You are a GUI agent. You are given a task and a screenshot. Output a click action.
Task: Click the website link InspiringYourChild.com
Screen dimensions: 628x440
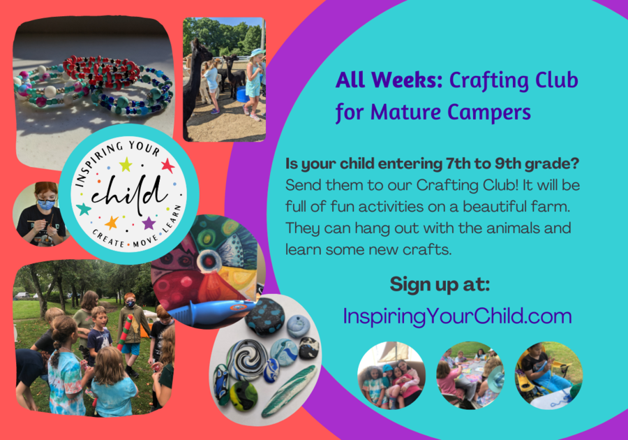point(457,316)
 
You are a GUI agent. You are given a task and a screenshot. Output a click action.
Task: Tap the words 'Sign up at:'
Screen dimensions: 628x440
point(440,284)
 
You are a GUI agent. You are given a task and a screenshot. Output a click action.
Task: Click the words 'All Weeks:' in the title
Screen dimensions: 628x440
point(389,80)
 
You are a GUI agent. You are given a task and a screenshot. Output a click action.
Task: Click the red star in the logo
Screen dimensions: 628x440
point(168,165)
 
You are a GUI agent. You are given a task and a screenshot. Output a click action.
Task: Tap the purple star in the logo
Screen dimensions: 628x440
point(149,223)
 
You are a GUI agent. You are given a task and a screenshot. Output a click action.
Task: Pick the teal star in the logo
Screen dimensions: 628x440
point(84,209)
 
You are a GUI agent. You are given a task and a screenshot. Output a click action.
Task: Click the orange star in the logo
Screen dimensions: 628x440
point(112,222)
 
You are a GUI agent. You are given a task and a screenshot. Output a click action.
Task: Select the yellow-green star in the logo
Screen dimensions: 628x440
point(126,164)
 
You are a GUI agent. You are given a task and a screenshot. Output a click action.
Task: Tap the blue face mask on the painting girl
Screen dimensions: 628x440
point(46,205)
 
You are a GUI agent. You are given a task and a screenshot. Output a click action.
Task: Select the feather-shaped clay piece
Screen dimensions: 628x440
point(287,390)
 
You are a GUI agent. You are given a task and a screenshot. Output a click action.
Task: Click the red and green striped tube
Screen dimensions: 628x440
point(126,331)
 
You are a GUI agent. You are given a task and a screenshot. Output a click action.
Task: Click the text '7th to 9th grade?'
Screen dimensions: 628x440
point(512,163)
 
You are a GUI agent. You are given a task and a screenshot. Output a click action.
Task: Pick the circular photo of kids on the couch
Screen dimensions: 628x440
point(391,375)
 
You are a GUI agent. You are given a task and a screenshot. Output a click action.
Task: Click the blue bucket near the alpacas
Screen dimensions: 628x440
point(241,94)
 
